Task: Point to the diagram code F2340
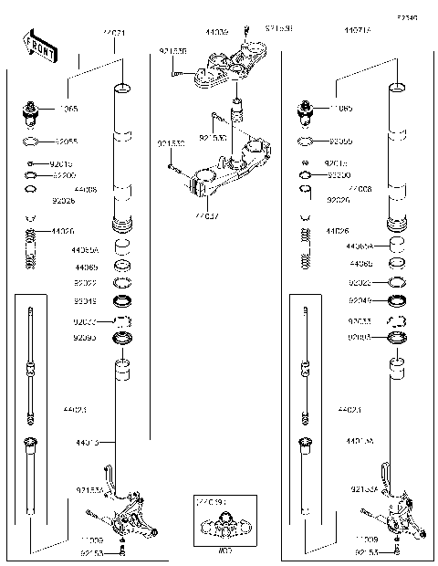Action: tap(406, 16)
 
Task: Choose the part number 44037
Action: tap(206, 217)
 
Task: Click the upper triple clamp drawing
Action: tap(224, 68)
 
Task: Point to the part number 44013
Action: tap(89, 443)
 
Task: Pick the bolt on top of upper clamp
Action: tap(245, 34)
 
